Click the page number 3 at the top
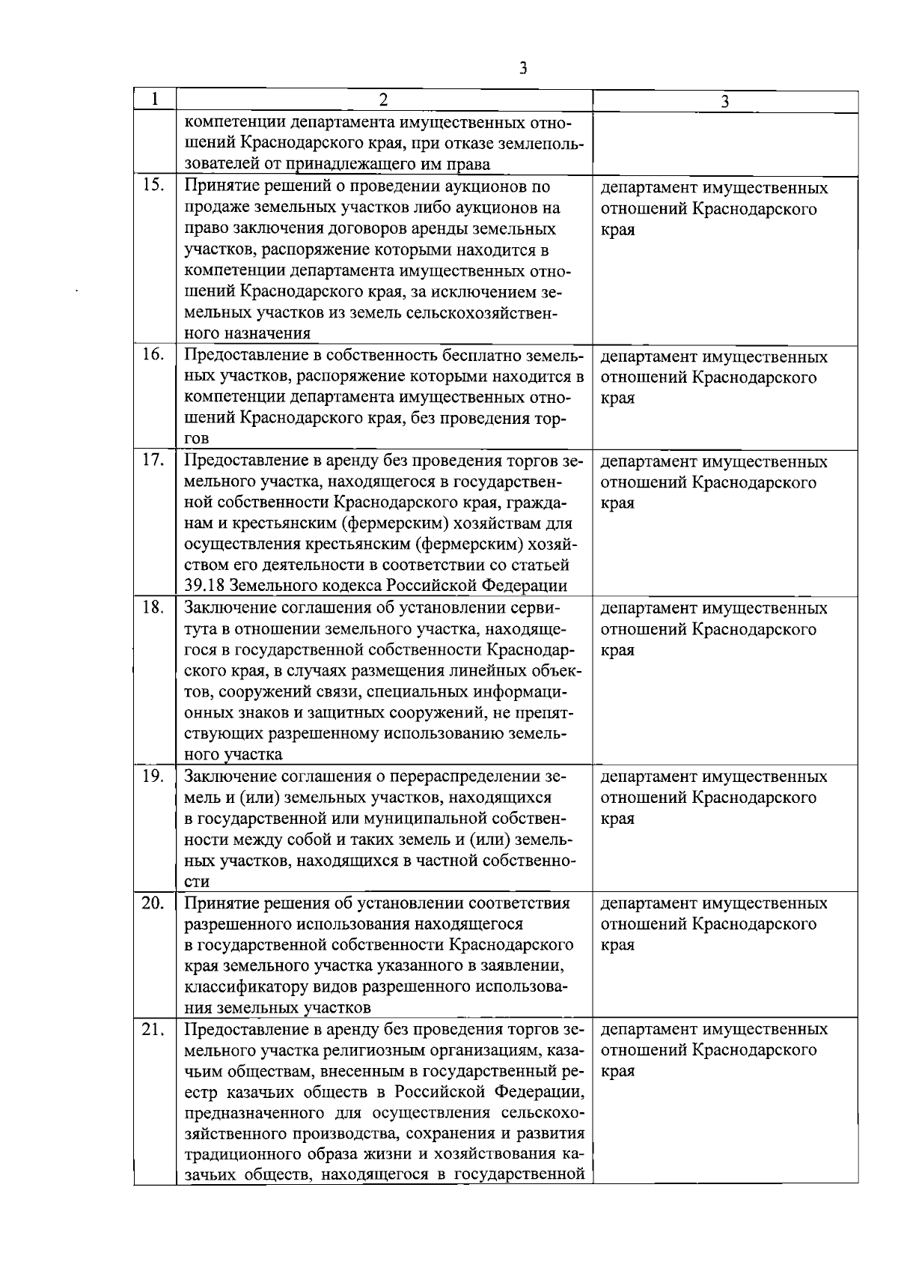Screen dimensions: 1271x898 [x=523, y=68]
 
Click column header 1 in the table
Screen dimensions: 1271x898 [x=154, y=100]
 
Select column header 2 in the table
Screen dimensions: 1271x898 [x=383, y=100]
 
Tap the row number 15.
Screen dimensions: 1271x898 [x=153, y=186]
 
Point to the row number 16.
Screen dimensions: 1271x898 [x=153, y=355]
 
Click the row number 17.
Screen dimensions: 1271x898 [x=153, y=460]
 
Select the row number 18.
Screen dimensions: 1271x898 [x=153, y=607]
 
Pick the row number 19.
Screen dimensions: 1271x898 [x=153, y=775]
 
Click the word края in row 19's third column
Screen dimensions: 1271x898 [x=617, y=819]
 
